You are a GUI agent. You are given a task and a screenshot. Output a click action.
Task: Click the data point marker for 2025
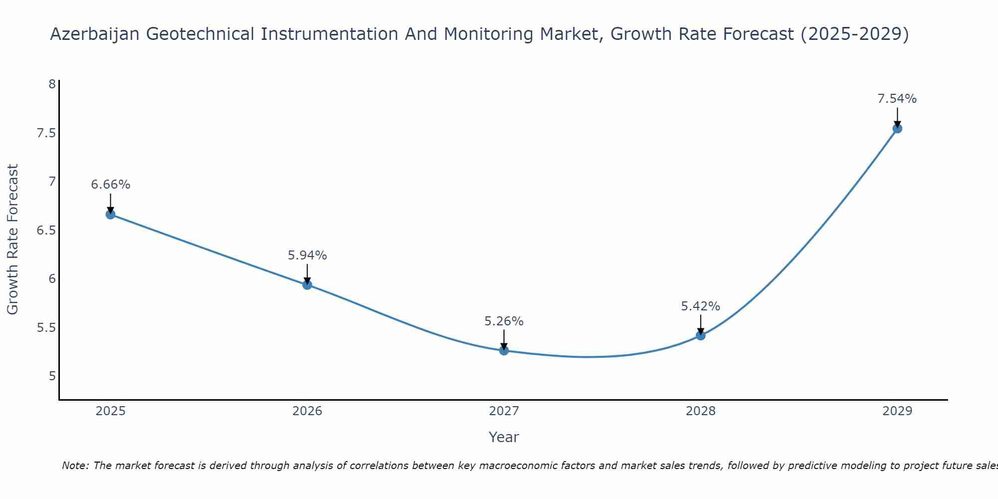(110, 215)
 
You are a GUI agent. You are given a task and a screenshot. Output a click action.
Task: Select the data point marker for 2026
(307, 285)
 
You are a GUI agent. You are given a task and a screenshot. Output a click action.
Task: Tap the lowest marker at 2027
(504, 351)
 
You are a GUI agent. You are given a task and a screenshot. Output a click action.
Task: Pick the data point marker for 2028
(701, 335)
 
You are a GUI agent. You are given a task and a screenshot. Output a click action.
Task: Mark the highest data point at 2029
(897, 129)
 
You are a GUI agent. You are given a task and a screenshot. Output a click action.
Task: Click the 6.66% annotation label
(110, 185)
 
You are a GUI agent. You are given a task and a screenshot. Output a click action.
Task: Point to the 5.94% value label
(307, 255)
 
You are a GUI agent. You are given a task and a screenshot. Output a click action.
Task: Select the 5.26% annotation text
(504, 321)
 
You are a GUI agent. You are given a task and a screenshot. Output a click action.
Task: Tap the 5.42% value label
(701, 306)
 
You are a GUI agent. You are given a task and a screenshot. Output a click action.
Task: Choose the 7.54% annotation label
(897, 99)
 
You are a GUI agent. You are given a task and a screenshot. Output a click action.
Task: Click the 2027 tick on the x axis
(504, 411)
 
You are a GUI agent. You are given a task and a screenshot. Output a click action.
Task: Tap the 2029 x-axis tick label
(897, 411)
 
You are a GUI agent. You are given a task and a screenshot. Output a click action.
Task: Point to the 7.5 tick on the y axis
(46, 133)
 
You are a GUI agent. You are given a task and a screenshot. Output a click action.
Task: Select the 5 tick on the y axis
(52, 376)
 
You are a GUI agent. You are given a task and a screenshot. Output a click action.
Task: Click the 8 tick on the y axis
(52, 84)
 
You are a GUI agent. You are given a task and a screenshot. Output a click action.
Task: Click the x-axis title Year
(504, 437)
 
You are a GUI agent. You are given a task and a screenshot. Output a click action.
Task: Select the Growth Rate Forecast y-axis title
(13, 240)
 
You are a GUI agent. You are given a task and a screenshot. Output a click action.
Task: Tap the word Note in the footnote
(74, 466)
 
